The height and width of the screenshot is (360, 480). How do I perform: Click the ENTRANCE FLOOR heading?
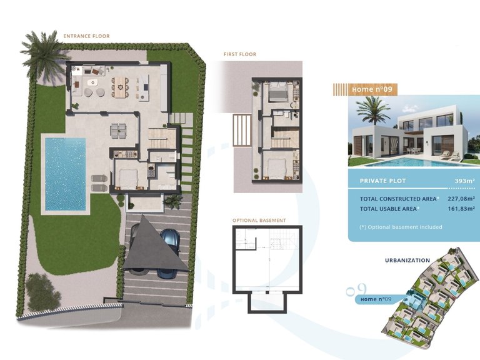(x=86, y=36)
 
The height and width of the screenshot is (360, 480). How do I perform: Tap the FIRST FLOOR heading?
(x=240, y=54)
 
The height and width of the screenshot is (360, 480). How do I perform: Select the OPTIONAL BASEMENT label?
(x=259, y=221)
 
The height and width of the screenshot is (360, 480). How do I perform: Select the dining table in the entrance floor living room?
(x=119, y=85)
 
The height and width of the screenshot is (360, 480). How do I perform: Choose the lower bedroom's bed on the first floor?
(x=275, y=168)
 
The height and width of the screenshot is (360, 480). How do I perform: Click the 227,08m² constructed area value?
(x=459, y=199)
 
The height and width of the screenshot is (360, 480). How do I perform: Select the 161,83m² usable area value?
(x=459, y=209)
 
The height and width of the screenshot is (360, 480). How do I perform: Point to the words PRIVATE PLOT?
(x=382, y=181)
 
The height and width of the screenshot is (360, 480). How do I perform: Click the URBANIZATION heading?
(x=407, y=260)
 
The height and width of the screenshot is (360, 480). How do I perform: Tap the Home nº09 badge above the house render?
(x=372, y=89)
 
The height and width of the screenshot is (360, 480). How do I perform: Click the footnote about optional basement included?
(x=401, y=227)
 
